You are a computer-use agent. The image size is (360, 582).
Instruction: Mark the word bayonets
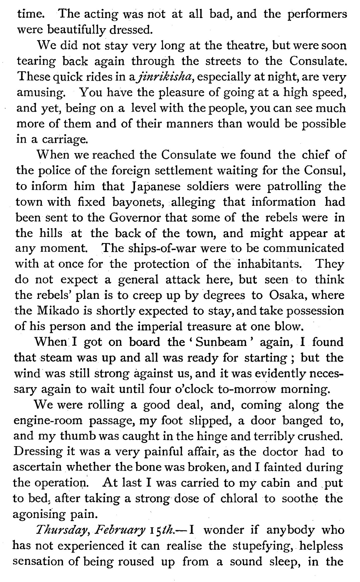tap(137, 202)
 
